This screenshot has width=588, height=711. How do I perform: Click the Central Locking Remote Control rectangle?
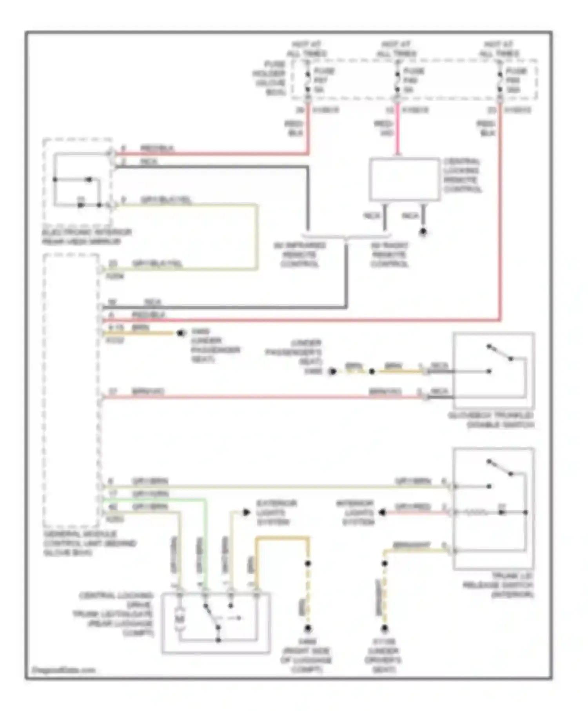pyautogui.click(x=404, y=180)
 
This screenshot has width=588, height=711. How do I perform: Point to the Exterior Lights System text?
pyautogui.click(x=276, y=512)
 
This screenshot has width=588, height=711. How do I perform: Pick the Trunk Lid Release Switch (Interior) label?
pyautogui.click(x=499, y=585)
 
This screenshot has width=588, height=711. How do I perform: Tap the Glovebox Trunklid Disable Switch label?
pyautogui.click(x=491, y=420)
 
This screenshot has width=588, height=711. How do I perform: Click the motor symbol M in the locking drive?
pyautogui.click(x=180, y=619)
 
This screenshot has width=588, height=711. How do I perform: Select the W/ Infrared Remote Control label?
pyautogui.click(x=299, y=254)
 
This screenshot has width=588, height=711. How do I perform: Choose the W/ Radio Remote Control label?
pyautogui.click(x=390, y=254)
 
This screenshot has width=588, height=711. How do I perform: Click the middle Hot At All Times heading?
pyautogui.click(x=396, y=49)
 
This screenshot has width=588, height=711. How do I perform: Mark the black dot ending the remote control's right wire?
pyautogui.click(x=423, y=232)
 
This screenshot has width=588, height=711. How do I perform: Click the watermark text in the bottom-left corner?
pyautogui.click(x=63, y=670)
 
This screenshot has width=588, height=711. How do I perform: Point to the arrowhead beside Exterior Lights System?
pyautogui.click(x=246, y=512)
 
